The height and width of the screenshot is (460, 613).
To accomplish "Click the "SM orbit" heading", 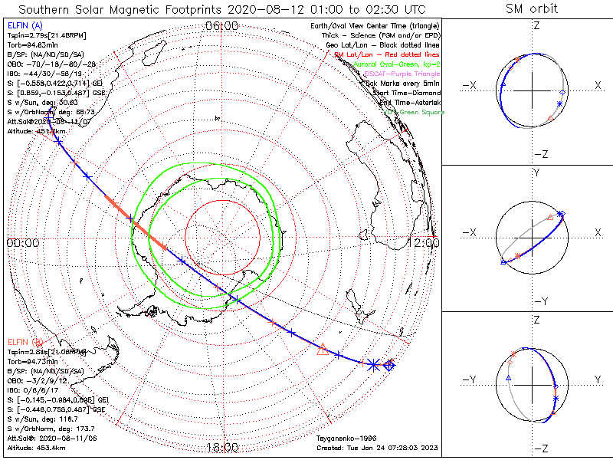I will click(x=532, y=8).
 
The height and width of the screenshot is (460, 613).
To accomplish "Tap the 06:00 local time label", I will click(x=222, y=26).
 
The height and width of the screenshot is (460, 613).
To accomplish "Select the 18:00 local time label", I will click(x=222, y=447).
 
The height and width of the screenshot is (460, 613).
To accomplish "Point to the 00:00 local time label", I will click(x=22, y=242).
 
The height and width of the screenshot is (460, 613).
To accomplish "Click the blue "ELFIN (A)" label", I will click(x=24, y=27).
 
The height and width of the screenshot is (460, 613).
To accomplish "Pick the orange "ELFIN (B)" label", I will click(x=24, y=341).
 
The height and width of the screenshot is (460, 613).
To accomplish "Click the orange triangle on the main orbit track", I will click(x=323, y=349).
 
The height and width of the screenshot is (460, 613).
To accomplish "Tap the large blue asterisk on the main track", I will click(x=372, y=365).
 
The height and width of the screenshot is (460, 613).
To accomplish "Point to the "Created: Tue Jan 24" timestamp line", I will click(x=376, y=447).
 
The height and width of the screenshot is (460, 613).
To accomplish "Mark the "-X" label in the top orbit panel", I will click(x=470, y=85).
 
